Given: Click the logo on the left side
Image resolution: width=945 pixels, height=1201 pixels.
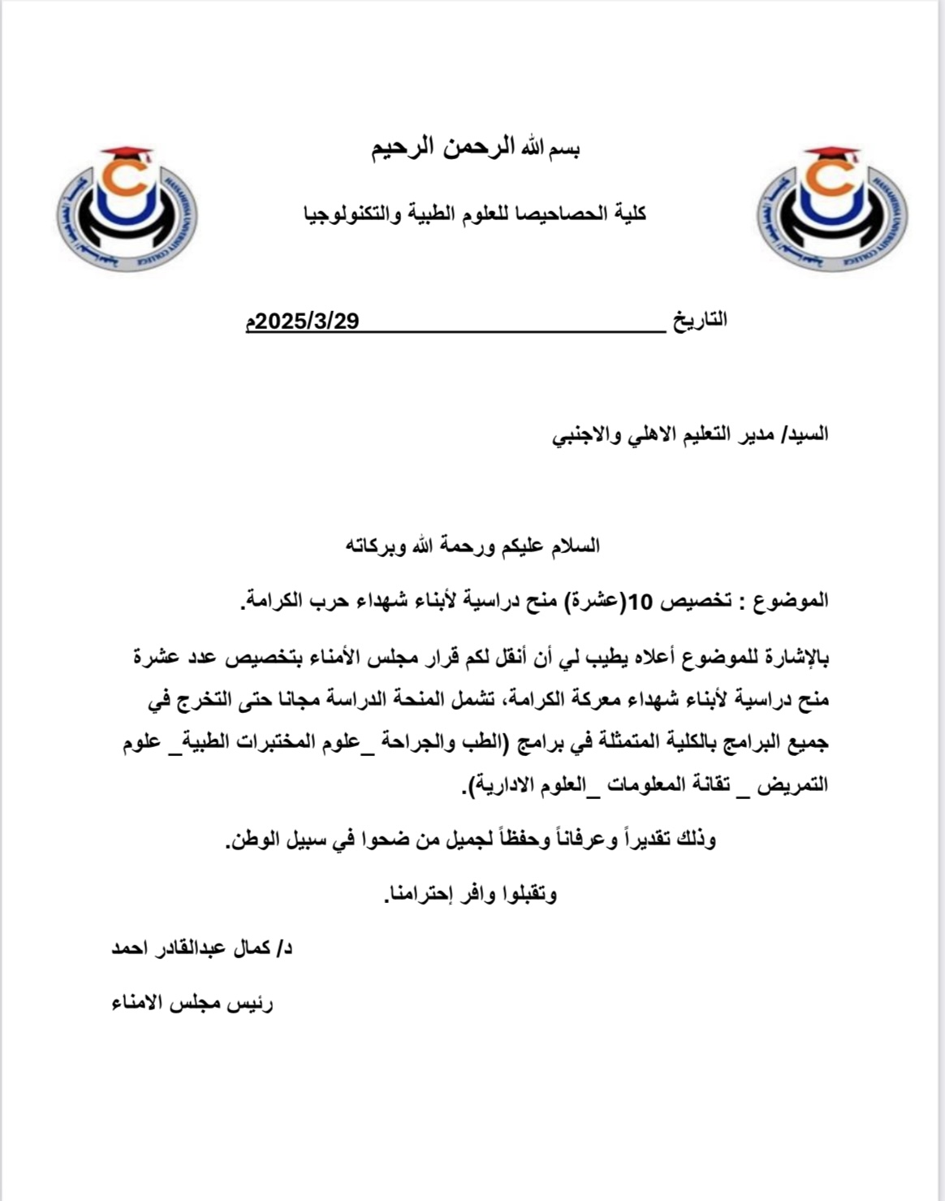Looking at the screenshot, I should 127,209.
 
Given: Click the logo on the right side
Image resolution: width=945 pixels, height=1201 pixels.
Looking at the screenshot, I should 832,209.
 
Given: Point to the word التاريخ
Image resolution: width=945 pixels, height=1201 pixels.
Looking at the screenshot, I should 700,320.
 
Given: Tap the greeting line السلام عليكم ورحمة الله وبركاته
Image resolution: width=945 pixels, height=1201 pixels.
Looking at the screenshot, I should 473,545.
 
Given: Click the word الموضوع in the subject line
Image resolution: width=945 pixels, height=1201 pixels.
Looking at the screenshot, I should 792,601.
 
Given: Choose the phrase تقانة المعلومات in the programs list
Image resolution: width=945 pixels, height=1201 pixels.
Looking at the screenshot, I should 680,785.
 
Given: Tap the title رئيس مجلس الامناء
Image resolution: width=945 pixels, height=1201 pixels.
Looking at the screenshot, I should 192,1004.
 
